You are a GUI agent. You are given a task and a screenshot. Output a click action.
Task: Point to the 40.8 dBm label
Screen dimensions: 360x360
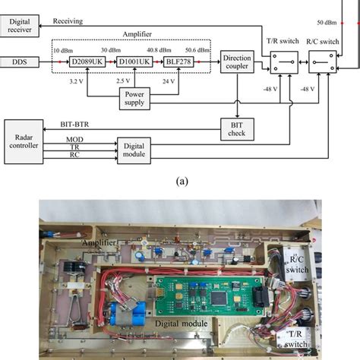click(157, 48)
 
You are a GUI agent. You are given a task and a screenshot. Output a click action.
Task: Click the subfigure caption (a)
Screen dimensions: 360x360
click(181, 182)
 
